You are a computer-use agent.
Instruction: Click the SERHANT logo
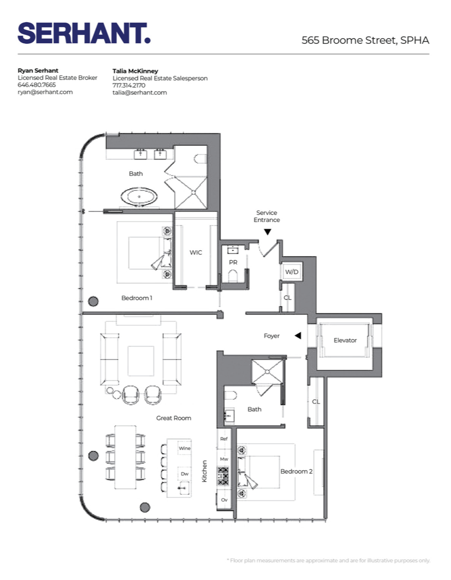point(84,33)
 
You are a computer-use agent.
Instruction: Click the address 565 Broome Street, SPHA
point(365,40)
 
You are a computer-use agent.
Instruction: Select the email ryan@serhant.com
point(45,92)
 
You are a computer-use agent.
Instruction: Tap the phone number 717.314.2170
point(129,85)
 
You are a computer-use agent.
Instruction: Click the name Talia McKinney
point(135,71)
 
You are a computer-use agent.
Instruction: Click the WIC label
point(196,252)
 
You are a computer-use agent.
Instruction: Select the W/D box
point(292,272)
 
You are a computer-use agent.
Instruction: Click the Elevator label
point(345,340)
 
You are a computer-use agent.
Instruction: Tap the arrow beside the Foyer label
point(298,335)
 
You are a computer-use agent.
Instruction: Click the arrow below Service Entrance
point(267,232)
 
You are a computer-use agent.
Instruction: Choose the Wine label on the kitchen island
point(184,447)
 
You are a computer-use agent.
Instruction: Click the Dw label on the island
point(184,474)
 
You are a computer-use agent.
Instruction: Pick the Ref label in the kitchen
point(224,438)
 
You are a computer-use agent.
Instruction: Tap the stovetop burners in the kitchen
point(223,476)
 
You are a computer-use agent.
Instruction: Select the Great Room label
point(173,418)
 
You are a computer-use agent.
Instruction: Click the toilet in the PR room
point(233,275)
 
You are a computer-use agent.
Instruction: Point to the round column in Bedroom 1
point(93,301)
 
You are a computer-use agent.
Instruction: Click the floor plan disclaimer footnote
point(328,560)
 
